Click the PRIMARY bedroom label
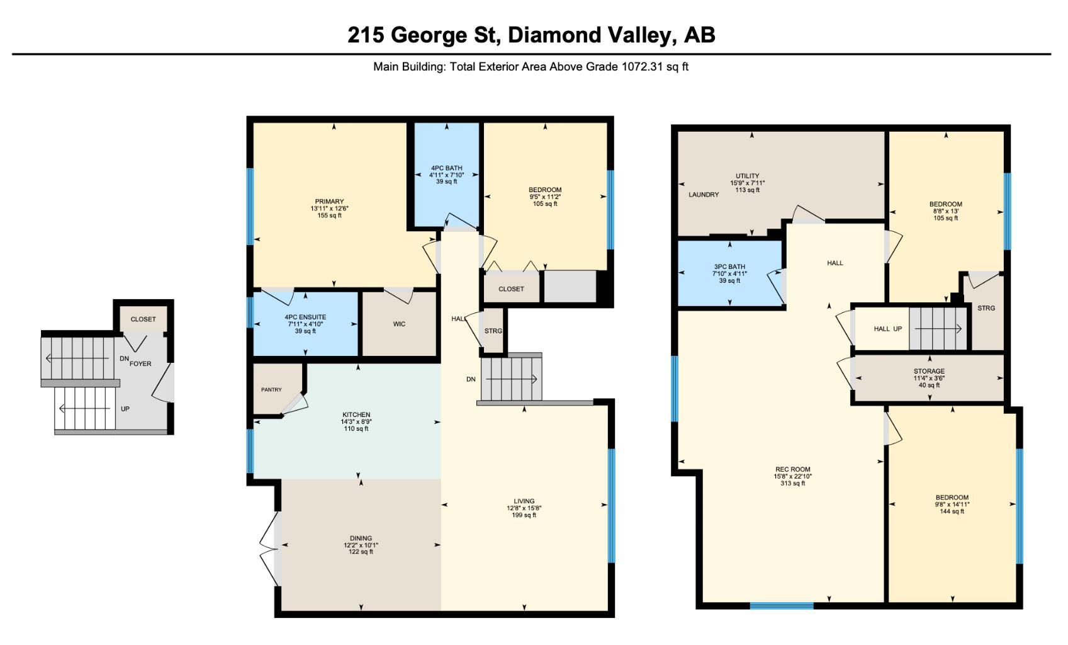(x=330, y=202)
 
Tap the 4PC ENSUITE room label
(x=305, y=317)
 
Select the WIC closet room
(x=399, y=324)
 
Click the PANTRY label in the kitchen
(x=271, y=390)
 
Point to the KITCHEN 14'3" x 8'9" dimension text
(x=356, y=422)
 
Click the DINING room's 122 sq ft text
(x=361, y=552)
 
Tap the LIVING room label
(x=524, y=501)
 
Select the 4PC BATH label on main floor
(x=446, y=168)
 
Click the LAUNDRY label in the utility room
(x=703, y=195)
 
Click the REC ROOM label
(x=792, y=469)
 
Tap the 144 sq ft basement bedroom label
(x=952, y=511)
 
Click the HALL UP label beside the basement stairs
(x=887, y=329)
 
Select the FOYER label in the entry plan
(x=140, y=363)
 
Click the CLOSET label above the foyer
(x=143, y=319)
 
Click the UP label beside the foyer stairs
(x=125, y=409)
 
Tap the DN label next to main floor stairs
(x=471, y=379)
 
